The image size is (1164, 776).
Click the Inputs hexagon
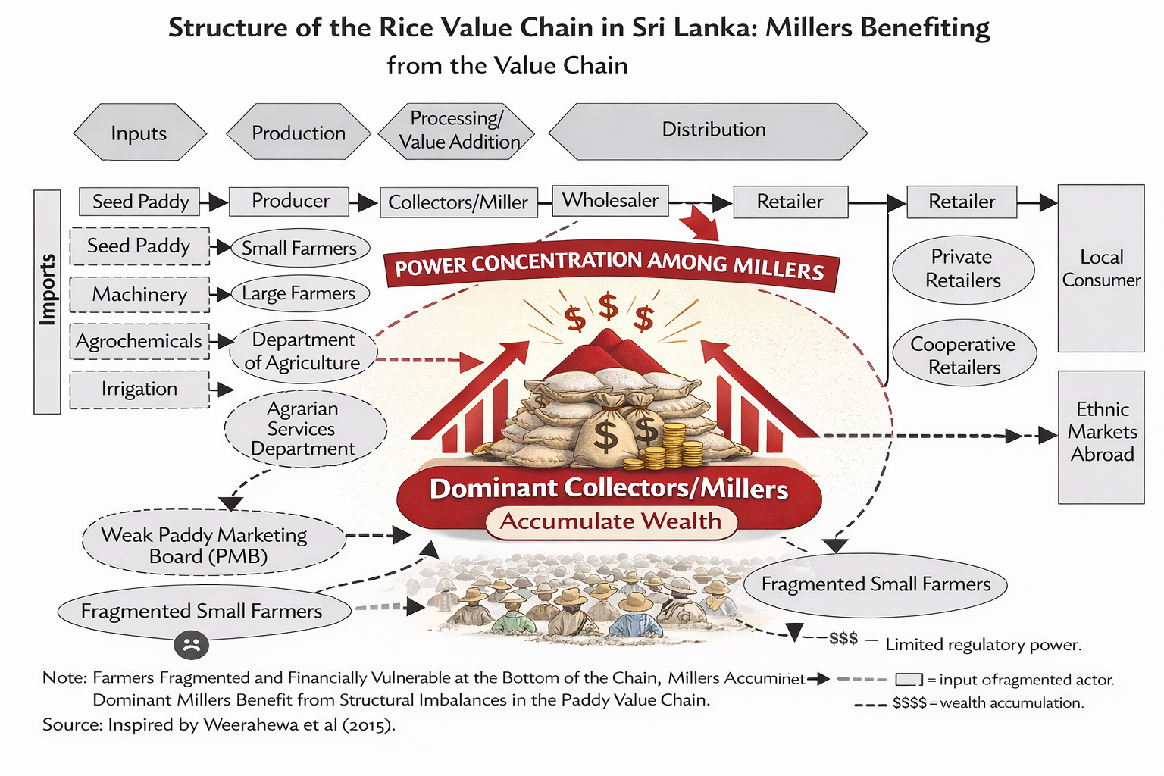click(139, 133)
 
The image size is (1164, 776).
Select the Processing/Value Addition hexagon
click(457, 131)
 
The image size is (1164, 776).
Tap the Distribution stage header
click(708, 130)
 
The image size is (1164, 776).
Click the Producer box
click(289, 202)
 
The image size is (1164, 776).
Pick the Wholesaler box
click(610, 201)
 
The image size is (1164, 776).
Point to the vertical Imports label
click(47, 301)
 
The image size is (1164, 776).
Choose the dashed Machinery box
click(139, 295)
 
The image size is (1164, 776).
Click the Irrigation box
click(139, 390)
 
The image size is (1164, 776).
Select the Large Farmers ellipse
click(299, 294)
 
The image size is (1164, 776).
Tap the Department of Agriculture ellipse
click(302, 352)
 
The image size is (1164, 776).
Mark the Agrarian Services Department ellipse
click(305, 429)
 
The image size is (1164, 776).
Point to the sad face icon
click(191, 645)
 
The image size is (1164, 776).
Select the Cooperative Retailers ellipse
click(964, 355)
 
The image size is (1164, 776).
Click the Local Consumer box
click(1100, 268)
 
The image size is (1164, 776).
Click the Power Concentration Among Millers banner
click(610, 266)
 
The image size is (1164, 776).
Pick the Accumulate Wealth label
click(611, 522)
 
